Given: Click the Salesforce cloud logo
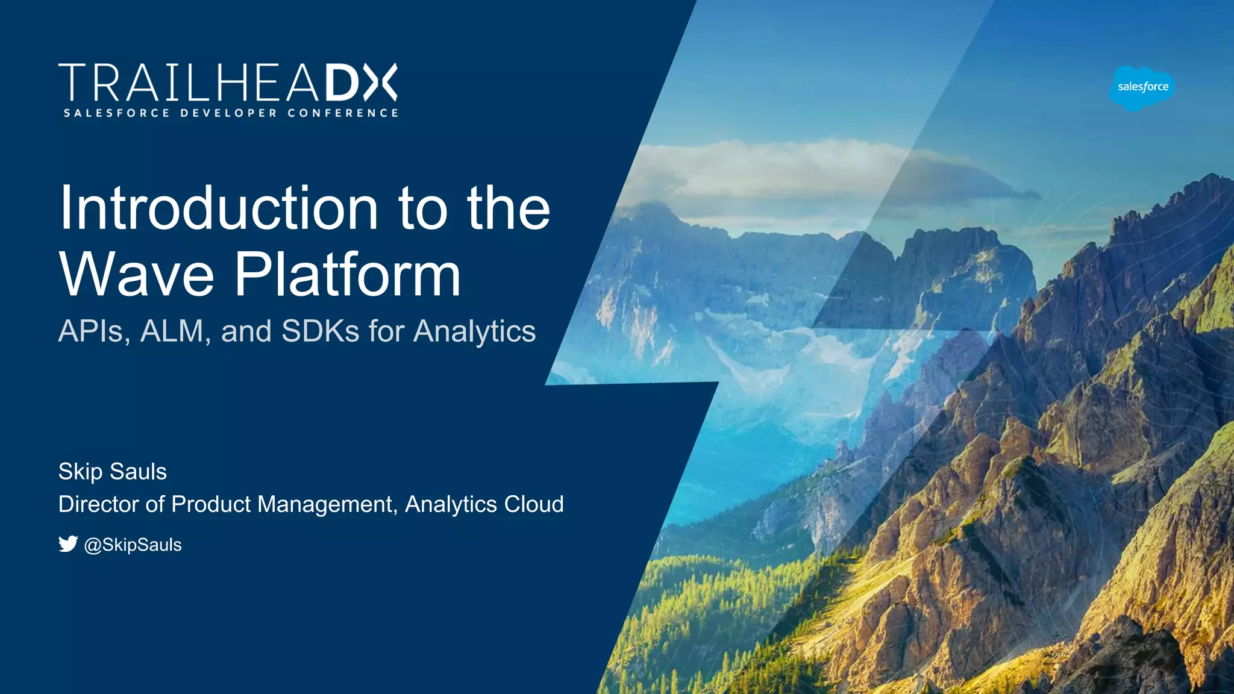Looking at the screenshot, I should click(x=1142, y=87).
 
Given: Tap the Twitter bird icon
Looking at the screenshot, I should click(x=68, y=544).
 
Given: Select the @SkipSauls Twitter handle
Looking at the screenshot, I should click(x=133, y=545).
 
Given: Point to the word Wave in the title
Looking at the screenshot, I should click(x=137, y=275).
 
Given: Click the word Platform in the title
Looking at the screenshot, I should click(x=348, y=275).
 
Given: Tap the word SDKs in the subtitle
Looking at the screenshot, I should click(x=320, y=331).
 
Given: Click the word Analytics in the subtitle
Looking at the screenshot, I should click(x=474, y=332).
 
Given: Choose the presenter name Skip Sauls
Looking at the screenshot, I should click(x=112, y=472).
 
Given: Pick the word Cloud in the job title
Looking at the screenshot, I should click(x=533, y=504).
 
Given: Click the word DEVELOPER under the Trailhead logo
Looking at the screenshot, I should click(x=229, y=113).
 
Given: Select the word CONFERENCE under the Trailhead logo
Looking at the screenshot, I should click(x=343, y=113).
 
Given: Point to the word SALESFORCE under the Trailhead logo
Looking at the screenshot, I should click(x=117, y=113).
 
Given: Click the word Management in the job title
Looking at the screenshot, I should click(x=327, y=505).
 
